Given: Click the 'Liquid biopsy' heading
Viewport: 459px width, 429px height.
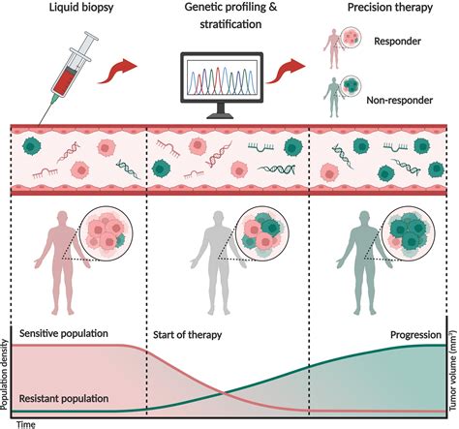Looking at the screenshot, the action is pyautogui.click(x=81, y=8).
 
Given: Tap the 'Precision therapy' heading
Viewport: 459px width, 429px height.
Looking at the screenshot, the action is pyautogui.click(x=390, y=8).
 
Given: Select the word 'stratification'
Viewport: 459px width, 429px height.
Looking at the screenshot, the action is pyautogui.click(x=230, y=24).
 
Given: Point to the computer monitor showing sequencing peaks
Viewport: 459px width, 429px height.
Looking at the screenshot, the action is pyautogui.click(x=222, y=85).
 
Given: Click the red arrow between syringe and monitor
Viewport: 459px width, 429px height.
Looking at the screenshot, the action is pyautogui.click(x=117, y=71).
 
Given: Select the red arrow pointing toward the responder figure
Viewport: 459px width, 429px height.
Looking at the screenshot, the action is pyautogui.click(x=286, y=71).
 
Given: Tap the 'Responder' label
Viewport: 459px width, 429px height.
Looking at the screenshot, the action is pyautogui.click(x=397, y=42).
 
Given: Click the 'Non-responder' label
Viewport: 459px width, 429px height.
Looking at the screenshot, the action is pyautogui.click(x=399, y=100).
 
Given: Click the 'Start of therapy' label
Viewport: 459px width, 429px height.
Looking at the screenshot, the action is pyautogui.click(x=187, y=335).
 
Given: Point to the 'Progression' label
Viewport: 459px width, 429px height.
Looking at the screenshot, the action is pyautogui.click(x=415, y=335).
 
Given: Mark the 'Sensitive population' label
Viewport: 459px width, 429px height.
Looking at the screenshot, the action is pyautogui.click(x=64, y=333).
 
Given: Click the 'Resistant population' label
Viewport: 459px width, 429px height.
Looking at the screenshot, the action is pyautogui.click(x=64, y=398).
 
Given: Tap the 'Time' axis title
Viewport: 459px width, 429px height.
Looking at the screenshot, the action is pyautogui.click(x=26, y=424).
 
